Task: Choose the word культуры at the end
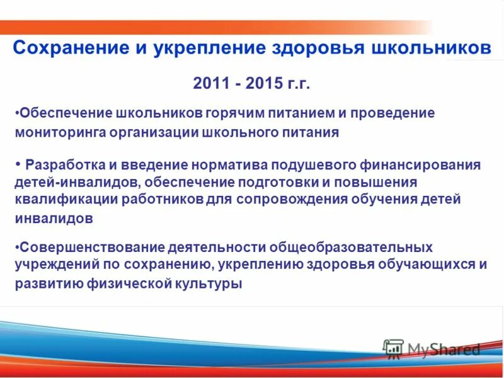coord(212,283)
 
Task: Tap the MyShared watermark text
coord(444,349)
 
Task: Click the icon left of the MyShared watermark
coord(393,348)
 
